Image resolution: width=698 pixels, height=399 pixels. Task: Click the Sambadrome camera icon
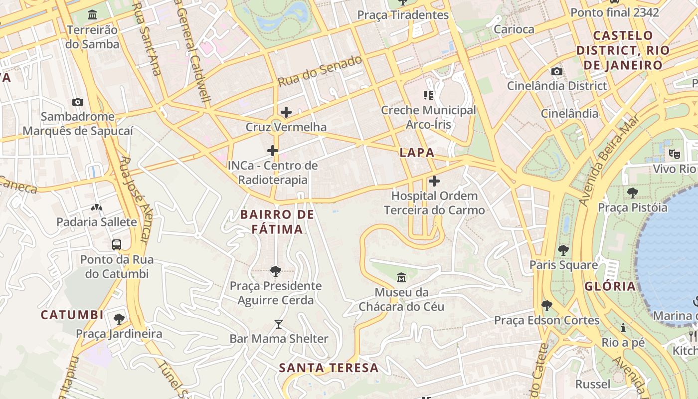[78, 102]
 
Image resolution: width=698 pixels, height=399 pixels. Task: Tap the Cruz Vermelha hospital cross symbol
[286, 112]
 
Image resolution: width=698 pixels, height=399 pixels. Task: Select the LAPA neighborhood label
[417, 153]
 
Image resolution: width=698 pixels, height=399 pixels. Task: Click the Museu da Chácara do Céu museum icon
[401, 277]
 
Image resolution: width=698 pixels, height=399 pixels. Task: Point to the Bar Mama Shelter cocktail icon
[279, 324]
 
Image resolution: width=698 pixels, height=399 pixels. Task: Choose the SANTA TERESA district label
[329, 368]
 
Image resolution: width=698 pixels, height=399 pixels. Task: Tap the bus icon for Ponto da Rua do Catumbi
[117, 245]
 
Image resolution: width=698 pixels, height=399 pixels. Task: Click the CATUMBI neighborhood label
[72, 315]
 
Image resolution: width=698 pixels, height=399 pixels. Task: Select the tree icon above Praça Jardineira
[119, 319]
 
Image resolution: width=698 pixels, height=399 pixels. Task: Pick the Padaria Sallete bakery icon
[97, 207]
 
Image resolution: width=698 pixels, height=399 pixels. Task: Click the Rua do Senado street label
[320, 71]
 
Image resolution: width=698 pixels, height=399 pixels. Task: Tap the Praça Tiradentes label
[403, 15]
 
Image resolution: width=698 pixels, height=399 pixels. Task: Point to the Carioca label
[514, 29]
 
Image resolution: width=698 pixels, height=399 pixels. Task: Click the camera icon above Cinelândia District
[557, 71]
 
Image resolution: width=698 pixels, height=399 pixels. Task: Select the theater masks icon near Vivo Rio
[675, 154]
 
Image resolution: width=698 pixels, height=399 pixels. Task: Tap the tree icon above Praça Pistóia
[632, 193]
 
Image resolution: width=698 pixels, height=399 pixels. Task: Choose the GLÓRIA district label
[610, 286]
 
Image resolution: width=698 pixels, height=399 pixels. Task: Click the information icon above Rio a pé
[623, 328]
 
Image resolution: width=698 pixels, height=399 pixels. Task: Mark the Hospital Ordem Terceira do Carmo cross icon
[434, 181]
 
